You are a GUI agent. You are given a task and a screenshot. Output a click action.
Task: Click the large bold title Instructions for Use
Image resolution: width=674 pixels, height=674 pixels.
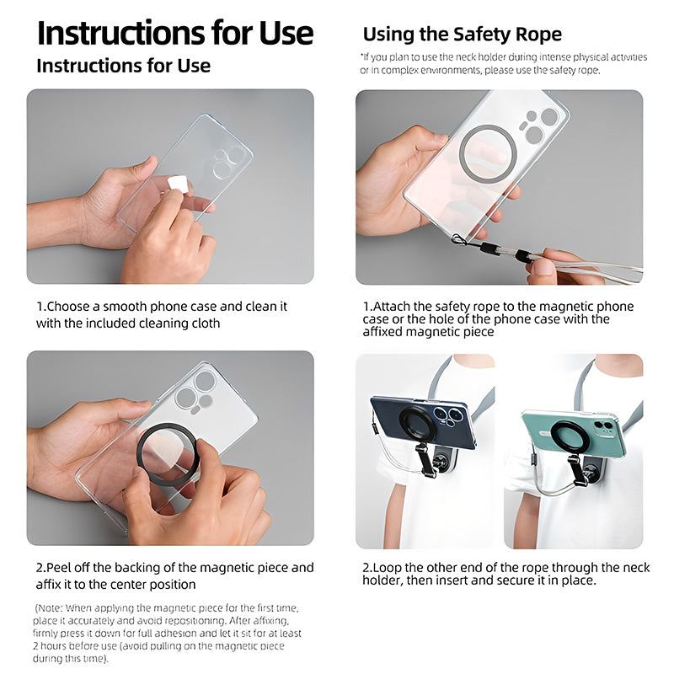coord(175,33)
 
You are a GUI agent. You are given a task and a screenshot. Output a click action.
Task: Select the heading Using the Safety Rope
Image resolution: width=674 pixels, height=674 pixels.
coord(462,35)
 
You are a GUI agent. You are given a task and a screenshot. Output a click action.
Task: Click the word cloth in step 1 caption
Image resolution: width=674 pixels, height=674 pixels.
coord(203,324)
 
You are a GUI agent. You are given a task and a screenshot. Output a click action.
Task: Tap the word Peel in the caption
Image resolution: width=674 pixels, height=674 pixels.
coord(62,568)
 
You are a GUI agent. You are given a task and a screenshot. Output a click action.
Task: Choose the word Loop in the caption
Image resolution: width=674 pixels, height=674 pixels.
coord(388,568)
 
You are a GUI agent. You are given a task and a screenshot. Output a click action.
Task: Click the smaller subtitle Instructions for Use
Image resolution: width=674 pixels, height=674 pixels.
coord(123,66)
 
